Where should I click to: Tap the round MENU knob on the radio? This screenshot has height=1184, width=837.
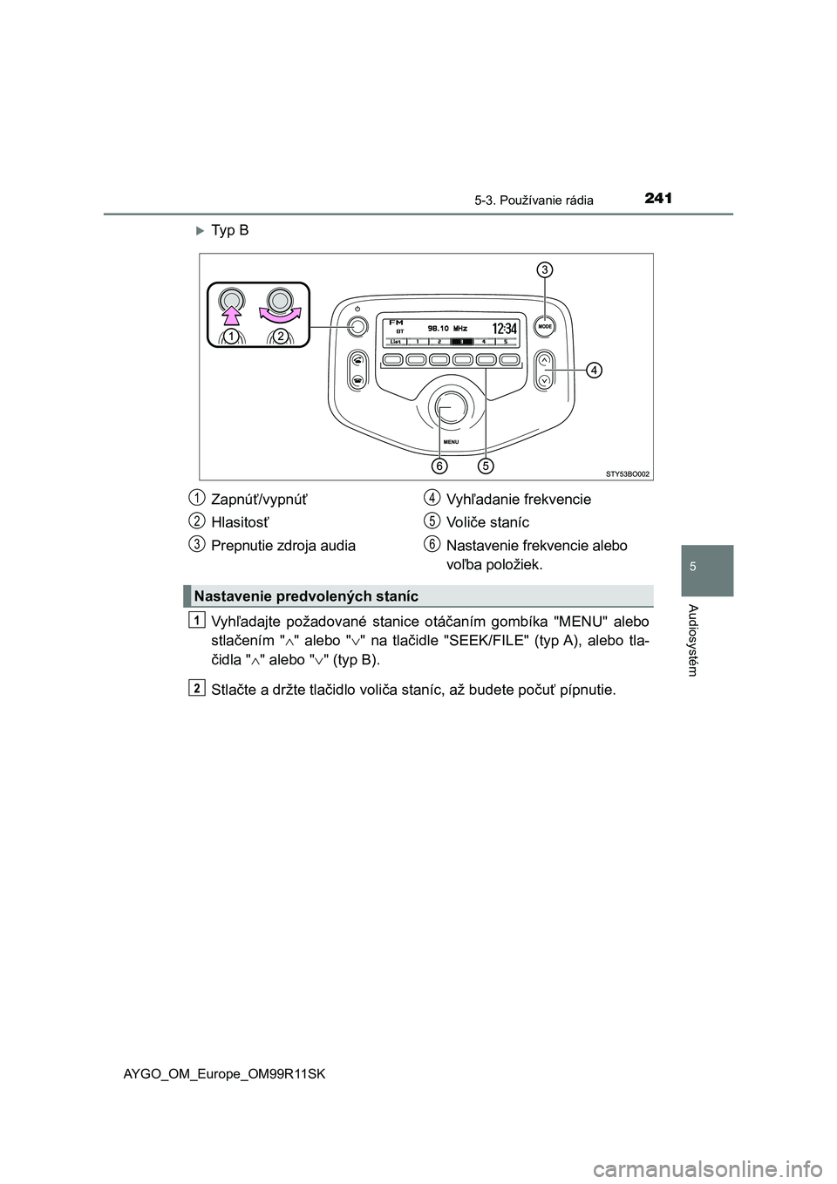pyautogui.click(x=451, y=407)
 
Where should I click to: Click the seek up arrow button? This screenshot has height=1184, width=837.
pyautogui.click(x=544, y=358)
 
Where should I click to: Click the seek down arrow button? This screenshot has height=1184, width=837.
pyautogui.click(x=544, y=379)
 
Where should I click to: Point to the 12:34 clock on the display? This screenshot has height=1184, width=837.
pyautogui.click(x=504, y=329)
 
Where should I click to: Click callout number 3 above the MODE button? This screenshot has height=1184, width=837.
pyautogui.click(x=542, y=269)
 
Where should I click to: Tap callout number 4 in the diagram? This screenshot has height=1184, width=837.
pyautogui.click(x=592, y=371)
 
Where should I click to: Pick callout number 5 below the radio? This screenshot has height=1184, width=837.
pyautogui.click(x=486, y=466)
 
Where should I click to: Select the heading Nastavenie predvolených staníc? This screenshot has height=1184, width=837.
pyautogui.click(x=307, y=596)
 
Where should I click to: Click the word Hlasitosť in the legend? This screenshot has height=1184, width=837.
pyautogui.click(x=240, y=522)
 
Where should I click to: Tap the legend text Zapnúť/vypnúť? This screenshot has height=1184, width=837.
pyautogui.click(x=259, y=500)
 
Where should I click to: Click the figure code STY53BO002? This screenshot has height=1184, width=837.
pyautogui.click(x=628, y=473)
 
